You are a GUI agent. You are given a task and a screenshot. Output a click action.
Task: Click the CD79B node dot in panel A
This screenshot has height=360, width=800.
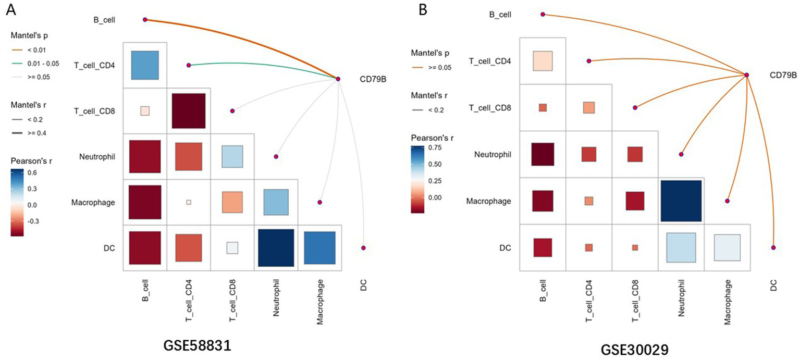(x=338, y=79)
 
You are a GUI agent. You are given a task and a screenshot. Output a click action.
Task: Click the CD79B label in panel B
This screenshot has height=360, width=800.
(x=783, y=75)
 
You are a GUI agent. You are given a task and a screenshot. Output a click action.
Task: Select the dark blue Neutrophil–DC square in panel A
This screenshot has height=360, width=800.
(x=276, y=248)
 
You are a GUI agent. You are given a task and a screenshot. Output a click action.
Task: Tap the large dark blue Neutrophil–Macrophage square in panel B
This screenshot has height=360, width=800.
(x=681, y=201)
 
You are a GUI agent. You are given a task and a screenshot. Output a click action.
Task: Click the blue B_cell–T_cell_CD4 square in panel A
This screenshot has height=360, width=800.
(x=145, y=65)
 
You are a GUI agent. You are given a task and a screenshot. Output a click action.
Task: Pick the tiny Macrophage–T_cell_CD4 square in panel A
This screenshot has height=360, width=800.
(x=189, y=202)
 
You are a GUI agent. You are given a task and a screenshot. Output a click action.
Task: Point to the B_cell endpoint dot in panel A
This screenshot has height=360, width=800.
(x=145, y=20)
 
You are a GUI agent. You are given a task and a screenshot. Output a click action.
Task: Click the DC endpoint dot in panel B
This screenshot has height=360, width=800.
(x=773, y=247)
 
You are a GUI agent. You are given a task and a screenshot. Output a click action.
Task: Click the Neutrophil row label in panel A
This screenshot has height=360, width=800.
(x=98, y=156)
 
